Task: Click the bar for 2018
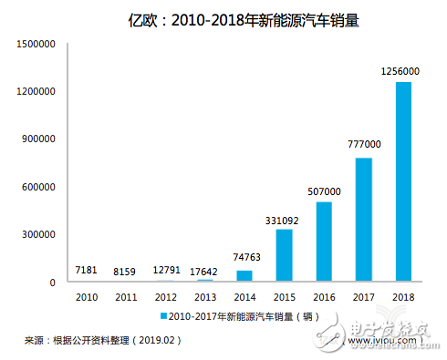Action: click(402, 181)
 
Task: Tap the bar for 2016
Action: click(323, 242)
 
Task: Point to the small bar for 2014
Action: click(244, 276)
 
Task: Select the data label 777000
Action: click(362, 147)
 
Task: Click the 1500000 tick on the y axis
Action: click(36, 44)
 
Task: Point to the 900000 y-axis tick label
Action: click(38, 139)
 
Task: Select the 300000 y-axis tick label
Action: click(38, 234)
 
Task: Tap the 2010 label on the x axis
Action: click(88, 296)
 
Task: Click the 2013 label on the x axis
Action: click(205, 296)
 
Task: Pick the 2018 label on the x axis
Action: click(401, 296)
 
